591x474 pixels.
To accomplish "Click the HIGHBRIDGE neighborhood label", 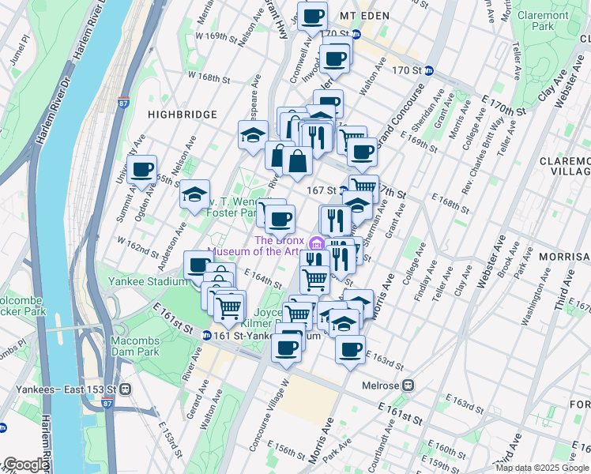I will pyautogui.click(x=183, y=115).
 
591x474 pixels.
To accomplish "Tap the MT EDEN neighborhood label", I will pyautogui.click(x=365, y=15).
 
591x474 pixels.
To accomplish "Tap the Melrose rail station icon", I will pyautogui.click(x=408, y=386).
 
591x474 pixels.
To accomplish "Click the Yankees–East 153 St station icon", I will pyautogui.click(x=125, y=389).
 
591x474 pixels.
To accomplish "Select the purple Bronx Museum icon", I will pyautogui.click(x=316, y=241).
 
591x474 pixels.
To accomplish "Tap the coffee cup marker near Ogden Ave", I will pyautogui.click(x=142, y=170).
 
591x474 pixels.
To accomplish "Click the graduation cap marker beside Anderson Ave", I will pyautogui.click(x=194, y=194).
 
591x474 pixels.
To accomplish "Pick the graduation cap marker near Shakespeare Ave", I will pyautogui.click(x=253, y=134).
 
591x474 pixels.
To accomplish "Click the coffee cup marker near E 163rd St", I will pyautogui.click(x=350, y=348).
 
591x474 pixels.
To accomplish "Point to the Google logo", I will pyautogui.click(x=25, y=465).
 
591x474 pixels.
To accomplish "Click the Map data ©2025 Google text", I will pyautogui.click(x=541, y=468).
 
